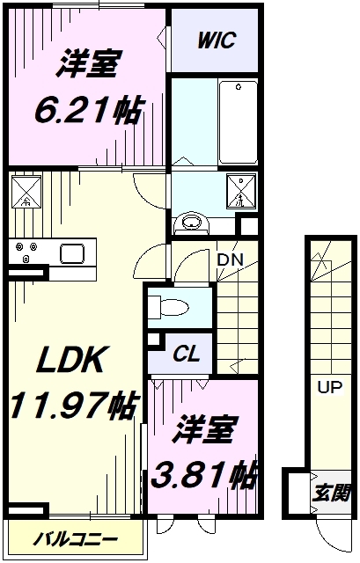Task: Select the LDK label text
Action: tap(74, 361)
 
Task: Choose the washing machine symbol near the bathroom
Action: tap(240, 191)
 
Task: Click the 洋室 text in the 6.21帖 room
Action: tap(88, 66)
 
